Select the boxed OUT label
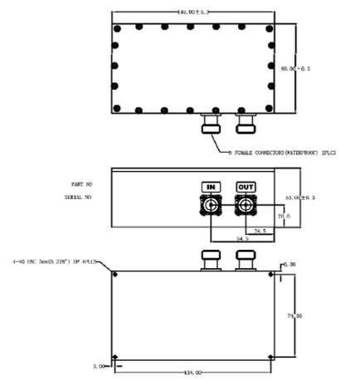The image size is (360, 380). tap(246, 188)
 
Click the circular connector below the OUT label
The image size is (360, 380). tap(246, 206)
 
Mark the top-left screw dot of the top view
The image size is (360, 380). tap(117, 28)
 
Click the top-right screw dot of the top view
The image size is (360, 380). tap(271, 28)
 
